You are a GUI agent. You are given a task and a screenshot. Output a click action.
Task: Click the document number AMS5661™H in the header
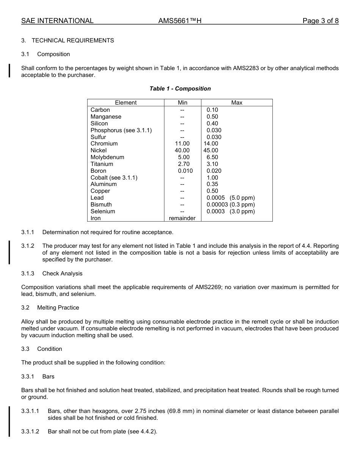tap(180, 21)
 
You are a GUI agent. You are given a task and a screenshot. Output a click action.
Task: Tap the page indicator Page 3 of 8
tap(320, 21)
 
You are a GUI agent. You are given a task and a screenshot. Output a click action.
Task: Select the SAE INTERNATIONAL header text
tap(57, 21)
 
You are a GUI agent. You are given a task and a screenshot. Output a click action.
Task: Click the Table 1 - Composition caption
tap(180, 89)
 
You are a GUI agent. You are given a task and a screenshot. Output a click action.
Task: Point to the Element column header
tap(126, 103)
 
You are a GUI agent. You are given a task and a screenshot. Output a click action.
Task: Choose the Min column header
tap(182, 103)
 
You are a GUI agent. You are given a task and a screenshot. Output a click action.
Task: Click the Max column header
tap(236, 103)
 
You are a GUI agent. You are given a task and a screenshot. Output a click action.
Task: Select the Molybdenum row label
tap(107, 157)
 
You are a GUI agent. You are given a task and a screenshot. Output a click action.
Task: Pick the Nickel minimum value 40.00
tap(182, 150)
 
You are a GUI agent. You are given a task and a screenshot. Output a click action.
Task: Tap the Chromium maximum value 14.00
tap(211, 144)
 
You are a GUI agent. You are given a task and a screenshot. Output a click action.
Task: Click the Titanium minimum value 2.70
tap(183, 164)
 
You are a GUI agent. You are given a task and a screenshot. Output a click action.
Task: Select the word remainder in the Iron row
tap(182, 218)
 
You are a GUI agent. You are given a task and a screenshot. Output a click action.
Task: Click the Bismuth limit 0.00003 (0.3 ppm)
tap(230, 205)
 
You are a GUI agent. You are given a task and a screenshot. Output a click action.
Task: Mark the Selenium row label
tap(103, 211)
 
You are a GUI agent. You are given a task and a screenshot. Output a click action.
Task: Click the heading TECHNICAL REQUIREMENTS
tap(73, 41)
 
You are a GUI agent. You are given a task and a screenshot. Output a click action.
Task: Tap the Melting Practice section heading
tap(58, 308)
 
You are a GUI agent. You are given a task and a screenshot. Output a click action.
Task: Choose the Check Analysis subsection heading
tap(62, 274)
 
